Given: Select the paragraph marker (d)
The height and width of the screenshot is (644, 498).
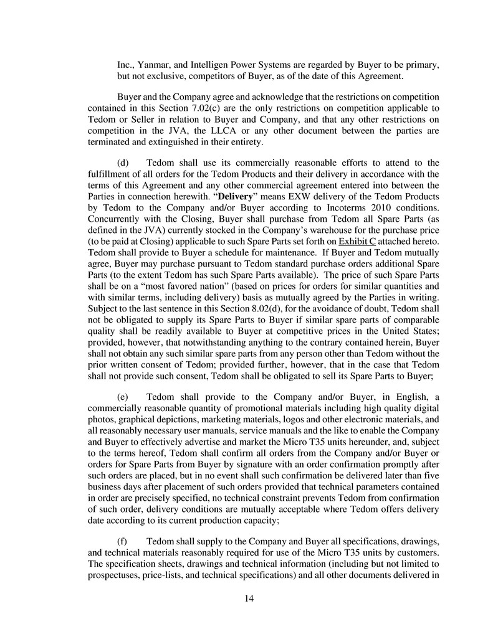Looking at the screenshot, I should [x=124, y=163].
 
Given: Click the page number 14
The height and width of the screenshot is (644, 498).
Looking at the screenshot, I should [x=249, y=599].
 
